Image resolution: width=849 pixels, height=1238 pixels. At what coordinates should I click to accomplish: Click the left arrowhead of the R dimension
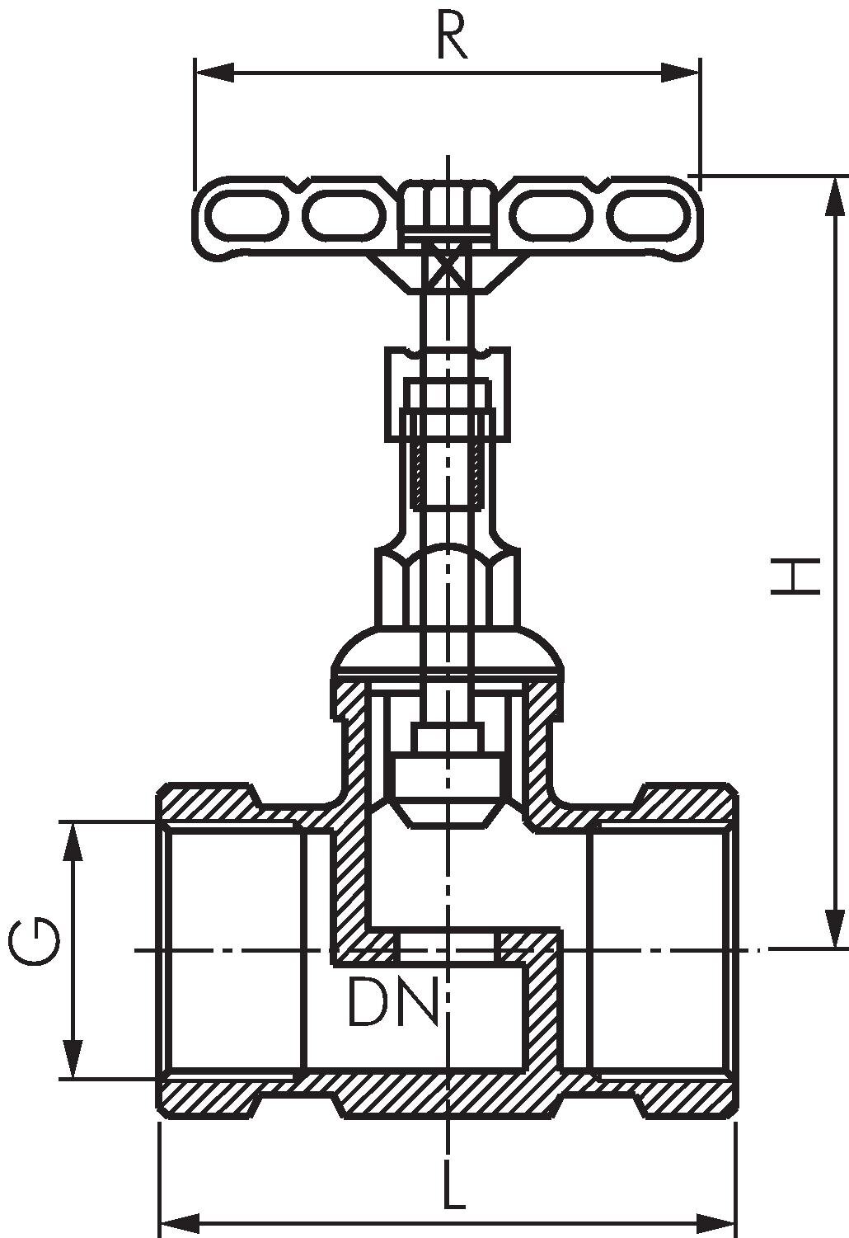[x=214, y=73]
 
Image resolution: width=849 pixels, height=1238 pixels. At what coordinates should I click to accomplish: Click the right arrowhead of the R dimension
[x=680, y=73]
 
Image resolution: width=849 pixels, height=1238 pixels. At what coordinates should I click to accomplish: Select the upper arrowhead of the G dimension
[x=73, y=841]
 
